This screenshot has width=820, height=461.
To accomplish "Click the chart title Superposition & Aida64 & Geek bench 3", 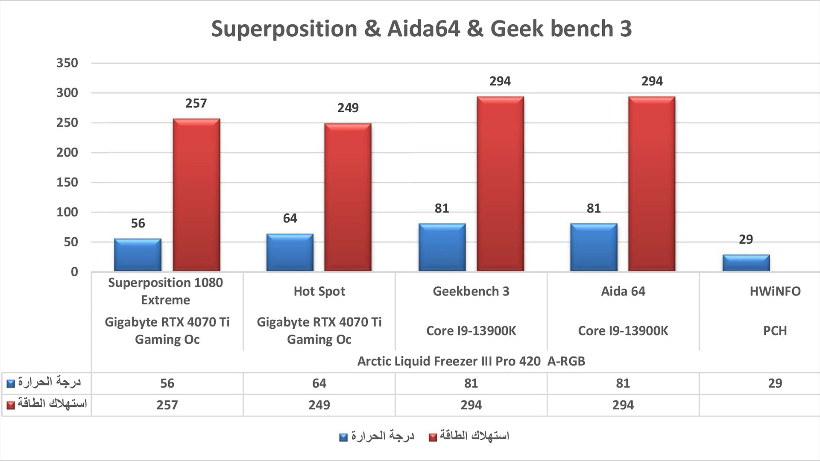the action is pyautogui.click(x=422, y=29).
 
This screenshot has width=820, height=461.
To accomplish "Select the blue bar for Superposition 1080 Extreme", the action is pyautogui.click(x=138, y=255).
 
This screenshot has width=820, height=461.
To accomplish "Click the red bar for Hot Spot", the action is pyautogui.click(x=348, y=197).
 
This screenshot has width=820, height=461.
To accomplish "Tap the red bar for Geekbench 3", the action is pyautogui.click(x=500, y=184).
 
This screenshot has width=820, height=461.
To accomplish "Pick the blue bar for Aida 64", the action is pyautogui.click(x=594, y=247).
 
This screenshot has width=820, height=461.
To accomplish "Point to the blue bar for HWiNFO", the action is pyautogui.click(x=746, y=263).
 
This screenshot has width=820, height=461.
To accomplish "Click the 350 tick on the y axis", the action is pyautogui.click(x=67, y=63).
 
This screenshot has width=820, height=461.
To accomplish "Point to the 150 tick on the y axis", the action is pyautogui.click(x=67, y=182).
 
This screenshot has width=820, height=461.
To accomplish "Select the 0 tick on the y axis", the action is pyautogui.click(x=75, y=272).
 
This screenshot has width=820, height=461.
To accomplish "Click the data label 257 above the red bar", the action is pyautogui.click(x=196, y=103).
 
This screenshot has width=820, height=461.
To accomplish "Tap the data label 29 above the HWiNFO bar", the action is pyautogui.click(x=746, y=239).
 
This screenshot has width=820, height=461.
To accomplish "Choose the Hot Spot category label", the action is pyautogui.click(x=319, y=292).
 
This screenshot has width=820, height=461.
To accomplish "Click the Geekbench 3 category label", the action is pyautogui.click(x=471, y=292).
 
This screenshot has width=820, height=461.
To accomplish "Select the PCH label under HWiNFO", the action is pyautogui.click(x=775, y=331).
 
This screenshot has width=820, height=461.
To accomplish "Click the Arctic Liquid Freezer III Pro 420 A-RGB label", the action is pyautogui.click(x=471, y=362).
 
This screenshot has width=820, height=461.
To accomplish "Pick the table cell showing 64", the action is pyautogui.click(x=319, y=383).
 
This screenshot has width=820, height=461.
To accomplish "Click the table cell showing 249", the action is pyautogui.click(x=319, y=405).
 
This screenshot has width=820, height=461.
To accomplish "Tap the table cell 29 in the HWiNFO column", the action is pyautogui.click(x=775, y=383).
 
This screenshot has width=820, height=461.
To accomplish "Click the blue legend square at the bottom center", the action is pyautogui.click(x=343, y=438).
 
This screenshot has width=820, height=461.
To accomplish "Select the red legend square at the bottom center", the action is pyautogui.click(x=433, y=438).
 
